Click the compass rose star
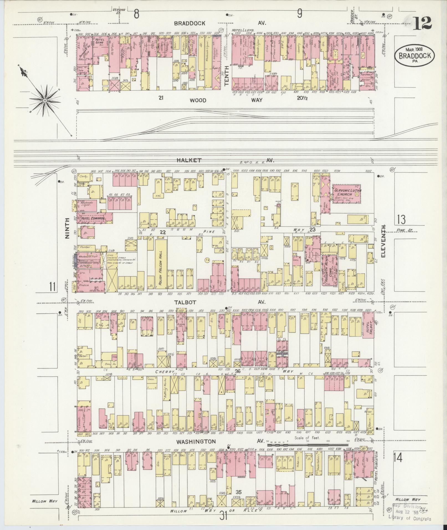click(44, 101)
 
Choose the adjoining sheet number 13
click(401, 219)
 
